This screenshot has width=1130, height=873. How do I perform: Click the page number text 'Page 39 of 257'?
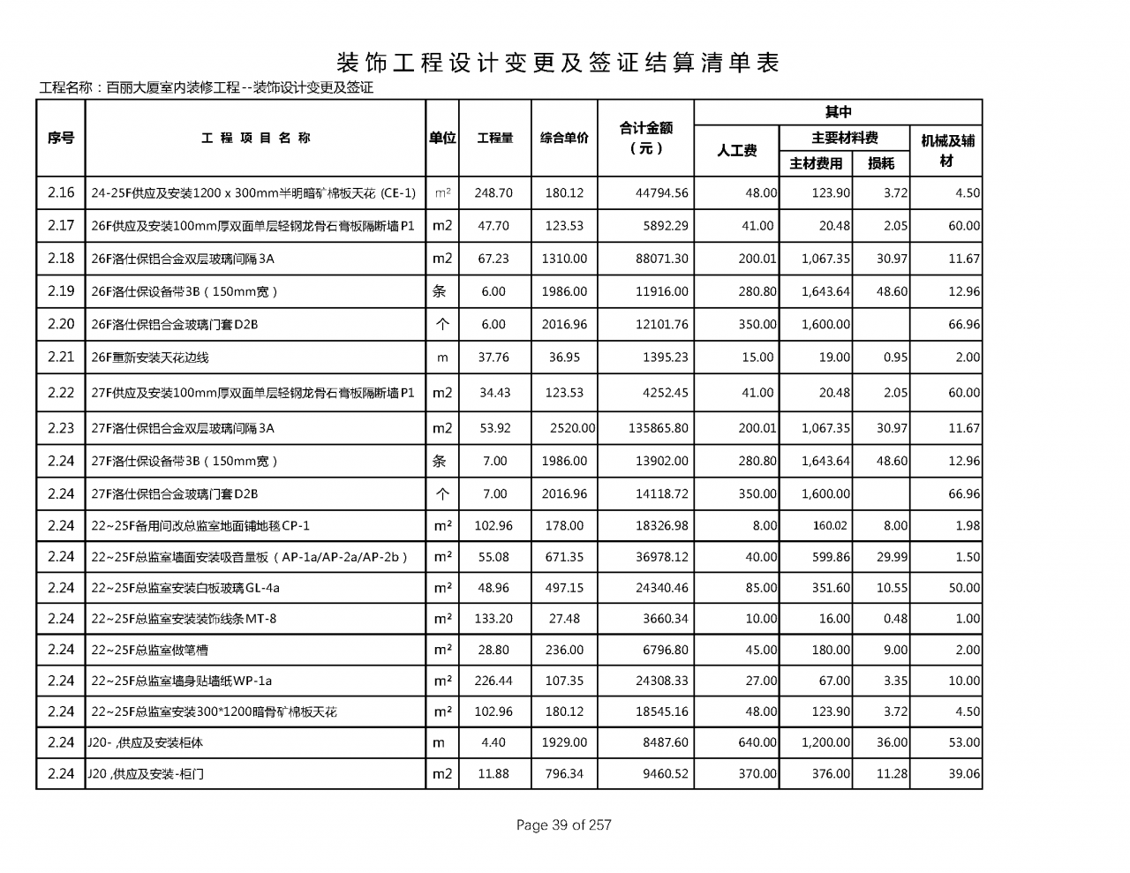tap(563, 825)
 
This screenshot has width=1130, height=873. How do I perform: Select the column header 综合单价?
tap(564, 138)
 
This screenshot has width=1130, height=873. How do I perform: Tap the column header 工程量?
tap(494, 138)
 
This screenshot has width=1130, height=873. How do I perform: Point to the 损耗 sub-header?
tap(880, 163)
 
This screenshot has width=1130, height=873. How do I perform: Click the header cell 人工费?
tap(736, 150)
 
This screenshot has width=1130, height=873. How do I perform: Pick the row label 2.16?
tap(61, 192)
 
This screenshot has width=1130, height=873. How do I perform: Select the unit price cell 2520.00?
tap(572, 428)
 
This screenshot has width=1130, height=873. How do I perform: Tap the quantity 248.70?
tap(493, 192)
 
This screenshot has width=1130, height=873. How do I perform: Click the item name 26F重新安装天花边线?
tap(150, 357)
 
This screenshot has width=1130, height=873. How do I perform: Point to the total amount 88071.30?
tap(661, 259)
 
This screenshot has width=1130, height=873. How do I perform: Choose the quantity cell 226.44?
tap(493, 681)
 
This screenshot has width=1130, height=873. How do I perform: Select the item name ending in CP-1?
tap(200, 526)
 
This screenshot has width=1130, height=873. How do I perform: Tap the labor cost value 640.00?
tap(757, 742)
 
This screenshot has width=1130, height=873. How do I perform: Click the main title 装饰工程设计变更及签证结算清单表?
tap(558, 63)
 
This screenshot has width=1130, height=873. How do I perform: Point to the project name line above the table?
tap(207, 87)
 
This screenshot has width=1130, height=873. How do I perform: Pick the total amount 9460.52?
tap(661, 774)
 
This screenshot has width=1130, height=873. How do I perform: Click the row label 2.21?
tap(61, 357)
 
